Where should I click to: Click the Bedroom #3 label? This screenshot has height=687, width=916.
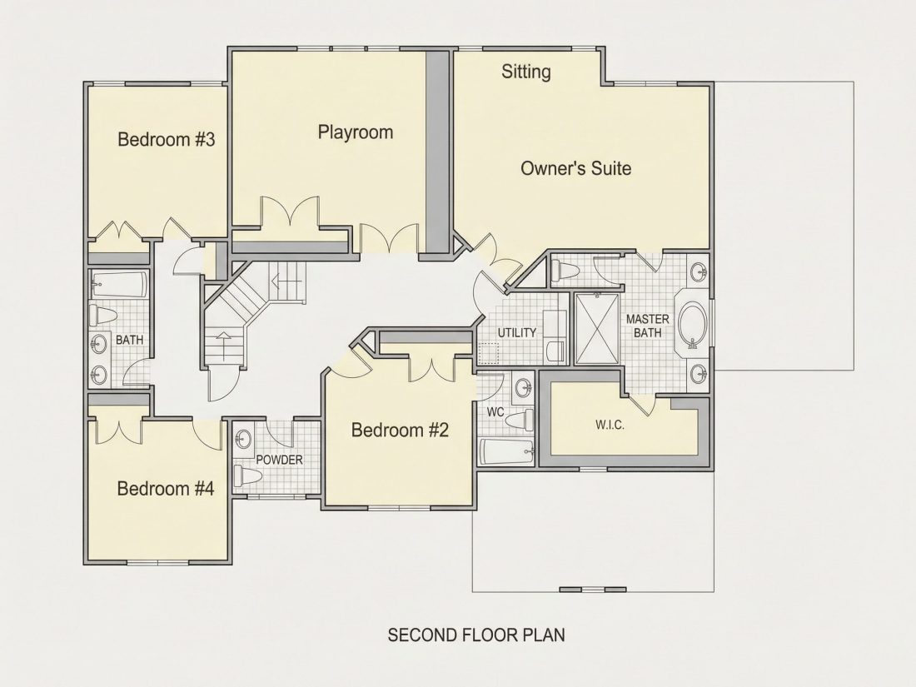point(167,140)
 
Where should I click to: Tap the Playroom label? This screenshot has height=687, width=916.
point(356,132)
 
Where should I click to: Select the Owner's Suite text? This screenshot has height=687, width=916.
point(575,169)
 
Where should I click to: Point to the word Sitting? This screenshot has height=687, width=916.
point(525,72)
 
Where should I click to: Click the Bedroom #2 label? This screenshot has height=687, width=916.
point(401,431)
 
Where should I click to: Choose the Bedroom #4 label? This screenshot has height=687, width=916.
point(166,488)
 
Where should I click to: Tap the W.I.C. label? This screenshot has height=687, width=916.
point(610,425)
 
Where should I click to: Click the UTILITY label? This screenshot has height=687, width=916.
point(517,332)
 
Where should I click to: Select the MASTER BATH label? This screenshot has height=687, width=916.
point(647,326)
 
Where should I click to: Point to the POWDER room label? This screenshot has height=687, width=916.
point(279,460)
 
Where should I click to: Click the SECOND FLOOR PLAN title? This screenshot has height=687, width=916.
point(476,635)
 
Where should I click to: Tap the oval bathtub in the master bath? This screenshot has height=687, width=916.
point(692,325)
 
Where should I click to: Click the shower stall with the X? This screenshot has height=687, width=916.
point(597,329)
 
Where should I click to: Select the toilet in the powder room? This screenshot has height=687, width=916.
point(247,476)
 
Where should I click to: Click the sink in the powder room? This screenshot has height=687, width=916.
point(244,438)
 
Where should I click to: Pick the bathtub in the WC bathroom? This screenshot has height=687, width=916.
point(507,452)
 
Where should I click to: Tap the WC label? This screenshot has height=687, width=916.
point(495,412)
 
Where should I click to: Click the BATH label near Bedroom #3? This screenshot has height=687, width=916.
point(129,340)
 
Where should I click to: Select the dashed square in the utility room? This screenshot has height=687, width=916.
point(489,353)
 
